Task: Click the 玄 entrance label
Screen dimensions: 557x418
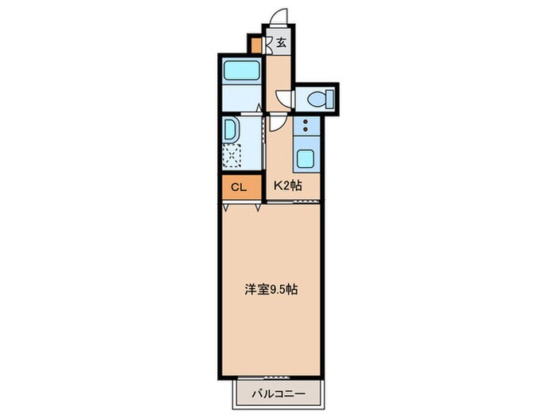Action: [x=281, y=43]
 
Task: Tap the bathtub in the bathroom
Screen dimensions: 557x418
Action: [x=242, y=70]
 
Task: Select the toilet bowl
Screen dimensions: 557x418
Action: [x=316, y=99]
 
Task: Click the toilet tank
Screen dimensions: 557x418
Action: [x=329, y=99]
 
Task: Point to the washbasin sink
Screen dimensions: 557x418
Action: [x=230, y=130]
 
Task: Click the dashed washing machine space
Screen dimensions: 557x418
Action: [x=232, y=156]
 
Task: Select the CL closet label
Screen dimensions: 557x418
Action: [x=239, y=187]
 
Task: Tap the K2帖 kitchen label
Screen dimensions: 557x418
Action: [x=288, y=186]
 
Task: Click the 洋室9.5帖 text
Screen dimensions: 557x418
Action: [x=271, y=290]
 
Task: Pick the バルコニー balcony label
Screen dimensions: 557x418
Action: [x=278, y=394]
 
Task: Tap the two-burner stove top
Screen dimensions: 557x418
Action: [x=306, y=126]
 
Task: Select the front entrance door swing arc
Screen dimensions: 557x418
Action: [x=278, y=16]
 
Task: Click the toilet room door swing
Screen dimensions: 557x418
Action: [x=283, y=99]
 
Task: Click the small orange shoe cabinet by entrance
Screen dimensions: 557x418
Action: [x=255, y=45]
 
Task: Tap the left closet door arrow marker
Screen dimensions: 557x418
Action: [x=225, y=207]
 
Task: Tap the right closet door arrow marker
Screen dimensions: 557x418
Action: [x=258, y=207]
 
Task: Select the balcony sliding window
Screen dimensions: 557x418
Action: [x=264, y=377]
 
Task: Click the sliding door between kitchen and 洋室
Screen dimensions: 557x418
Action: [x=294, y=201]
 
